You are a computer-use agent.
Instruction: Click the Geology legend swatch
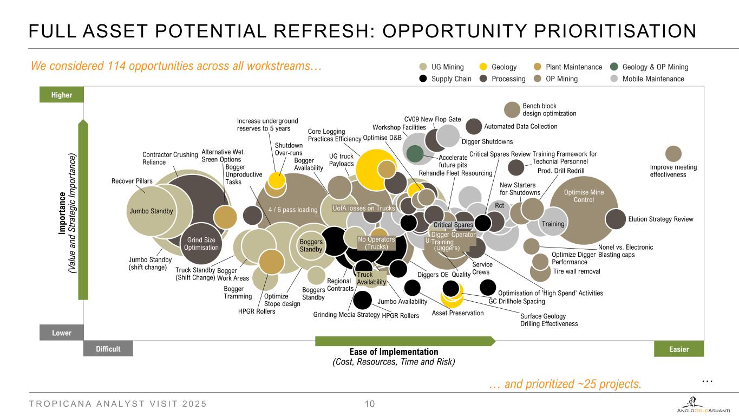click(x=485, y=67)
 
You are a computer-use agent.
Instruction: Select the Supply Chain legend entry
click(x=425, y=79)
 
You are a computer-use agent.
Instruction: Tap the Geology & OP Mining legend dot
click(x=614, y=67)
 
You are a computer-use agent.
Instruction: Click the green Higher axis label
click(x=62, y=95)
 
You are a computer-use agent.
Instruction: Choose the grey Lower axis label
click(x=62, y=333)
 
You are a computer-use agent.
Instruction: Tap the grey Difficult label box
click(x=108, y=349)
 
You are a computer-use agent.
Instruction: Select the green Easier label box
click(x=678, y=349)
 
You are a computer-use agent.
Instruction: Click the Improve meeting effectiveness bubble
click(x=673, y=154)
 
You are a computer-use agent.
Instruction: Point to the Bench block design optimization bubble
click(x=512, y=109)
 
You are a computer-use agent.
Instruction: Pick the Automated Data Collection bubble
click(x=474, y=126)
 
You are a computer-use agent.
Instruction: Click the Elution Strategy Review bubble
click(x=615, y=219)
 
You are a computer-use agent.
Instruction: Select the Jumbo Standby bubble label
click(x=151, y=211)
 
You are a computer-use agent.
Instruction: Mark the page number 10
click(x=370, y=404)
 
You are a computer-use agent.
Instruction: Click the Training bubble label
click(x=553, y=224)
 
